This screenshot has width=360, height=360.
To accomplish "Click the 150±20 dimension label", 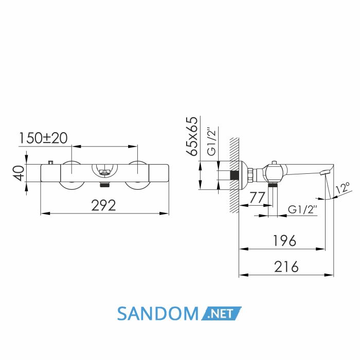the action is click(43, 138).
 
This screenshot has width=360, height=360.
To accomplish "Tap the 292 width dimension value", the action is click(104, 205).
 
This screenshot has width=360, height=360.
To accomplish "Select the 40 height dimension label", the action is click(19, 173).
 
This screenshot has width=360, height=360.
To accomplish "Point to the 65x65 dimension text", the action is click(191, 136).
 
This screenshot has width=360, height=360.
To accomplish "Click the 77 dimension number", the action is click(257, 197).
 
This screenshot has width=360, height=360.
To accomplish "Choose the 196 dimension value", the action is click(285, 241).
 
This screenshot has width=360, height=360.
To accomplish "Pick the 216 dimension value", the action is click(286, 266).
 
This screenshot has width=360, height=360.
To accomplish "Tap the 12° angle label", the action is click(343, 189).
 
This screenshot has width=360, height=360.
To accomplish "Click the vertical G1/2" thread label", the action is click(212, 141).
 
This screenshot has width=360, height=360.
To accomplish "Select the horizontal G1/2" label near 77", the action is click(302, 210).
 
